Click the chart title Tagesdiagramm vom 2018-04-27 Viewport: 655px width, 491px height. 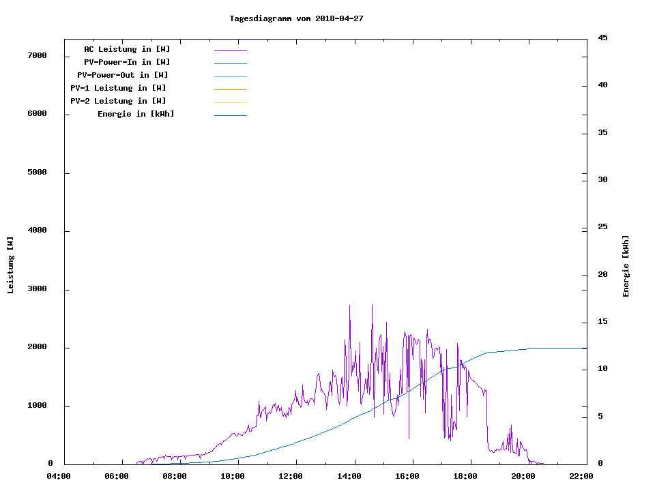tap(296, 18)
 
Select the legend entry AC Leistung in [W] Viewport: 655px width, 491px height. tap(127, 49)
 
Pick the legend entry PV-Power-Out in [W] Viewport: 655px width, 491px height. tap(123, 75)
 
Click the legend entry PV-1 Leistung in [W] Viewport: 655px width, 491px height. tap(118, 88)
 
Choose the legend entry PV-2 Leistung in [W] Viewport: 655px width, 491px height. tap(118, 101)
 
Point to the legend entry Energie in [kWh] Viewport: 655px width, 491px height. tap(136, 114)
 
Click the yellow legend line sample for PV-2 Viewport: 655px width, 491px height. tap(230, 102)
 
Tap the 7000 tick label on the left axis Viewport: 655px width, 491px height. tap(36, 55)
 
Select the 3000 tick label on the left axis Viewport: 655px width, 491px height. tap(36, 290)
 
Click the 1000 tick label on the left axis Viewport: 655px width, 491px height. tap(36, 406)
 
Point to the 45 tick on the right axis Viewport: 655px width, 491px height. tap(602, 38)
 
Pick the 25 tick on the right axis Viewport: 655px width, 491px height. tap(602, 227)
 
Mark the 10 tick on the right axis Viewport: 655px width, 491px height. tap(602, 369)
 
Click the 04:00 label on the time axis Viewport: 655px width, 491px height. tap(59, 476)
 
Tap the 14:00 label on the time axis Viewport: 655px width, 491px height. tap(349, 476)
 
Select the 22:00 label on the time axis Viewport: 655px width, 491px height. tap(581, 476)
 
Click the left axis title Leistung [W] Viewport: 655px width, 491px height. tap(10, 265)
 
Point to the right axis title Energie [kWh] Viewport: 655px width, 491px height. tap(626, 266)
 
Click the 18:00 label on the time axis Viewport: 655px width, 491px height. tap(465, 476)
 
